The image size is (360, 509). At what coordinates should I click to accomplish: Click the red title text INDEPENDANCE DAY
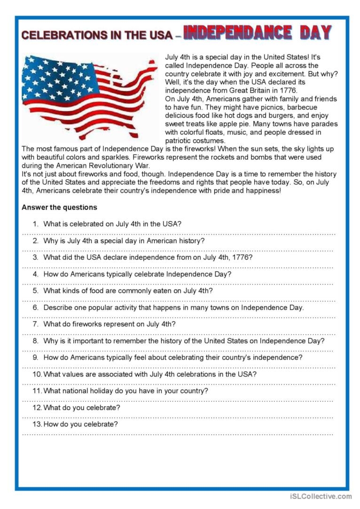(257, 33)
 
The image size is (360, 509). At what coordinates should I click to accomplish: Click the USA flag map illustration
(89, 96)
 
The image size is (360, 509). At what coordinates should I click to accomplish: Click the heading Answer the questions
(59, 207)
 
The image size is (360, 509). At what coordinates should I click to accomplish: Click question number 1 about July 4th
(112, 224)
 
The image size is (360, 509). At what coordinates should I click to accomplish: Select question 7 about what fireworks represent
(110, 324)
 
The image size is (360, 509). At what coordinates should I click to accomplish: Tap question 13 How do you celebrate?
(80, 424)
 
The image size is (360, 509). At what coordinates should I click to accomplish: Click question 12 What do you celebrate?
(82, 408)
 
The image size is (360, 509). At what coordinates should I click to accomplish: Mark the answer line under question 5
(179, 300)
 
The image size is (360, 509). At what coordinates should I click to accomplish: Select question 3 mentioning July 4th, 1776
(148, 257)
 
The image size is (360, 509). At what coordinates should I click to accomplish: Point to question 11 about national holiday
(125, 391)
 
